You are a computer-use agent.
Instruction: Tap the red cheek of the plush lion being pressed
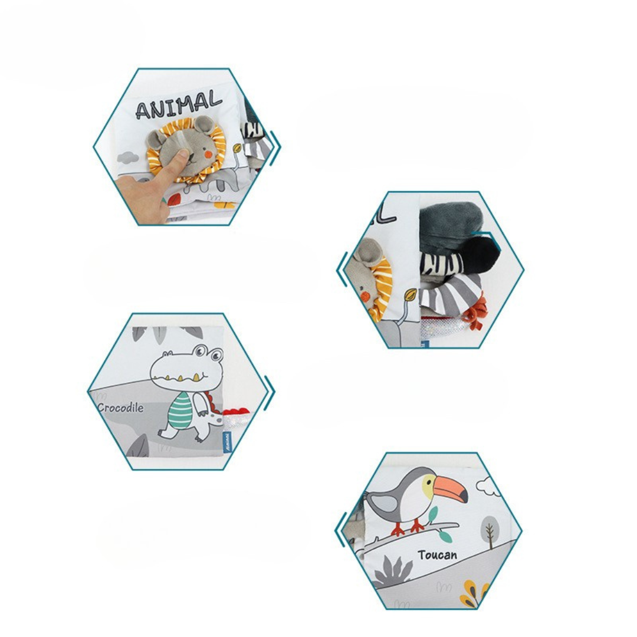click(208, 153)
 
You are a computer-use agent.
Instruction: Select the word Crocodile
click(120, 408)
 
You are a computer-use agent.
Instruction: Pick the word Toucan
click(438, 554)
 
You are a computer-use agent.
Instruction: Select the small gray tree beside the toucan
click(489, 530)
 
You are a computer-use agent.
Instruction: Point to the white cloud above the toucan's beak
click(487, 487)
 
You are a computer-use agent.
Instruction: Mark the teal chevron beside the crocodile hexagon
click(270, 392)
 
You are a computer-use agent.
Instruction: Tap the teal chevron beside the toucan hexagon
click(340, 529)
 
